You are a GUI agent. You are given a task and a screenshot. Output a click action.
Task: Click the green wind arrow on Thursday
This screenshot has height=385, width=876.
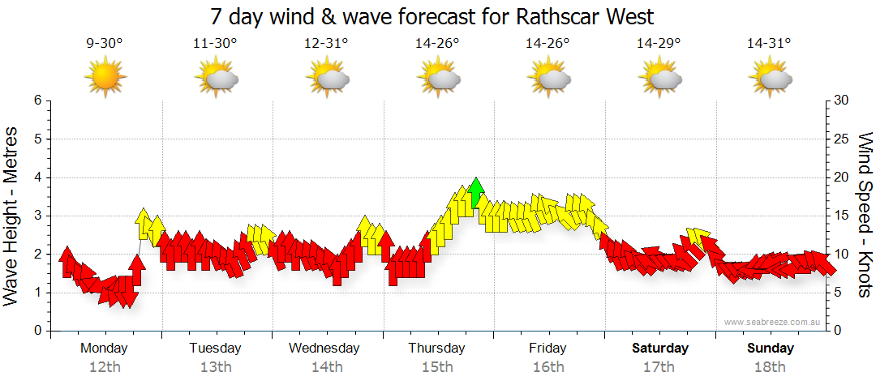(476, 191)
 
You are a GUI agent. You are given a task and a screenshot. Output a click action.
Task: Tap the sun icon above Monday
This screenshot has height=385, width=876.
(105, 79)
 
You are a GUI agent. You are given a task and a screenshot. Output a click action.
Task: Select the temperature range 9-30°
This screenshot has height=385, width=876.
(105, 44)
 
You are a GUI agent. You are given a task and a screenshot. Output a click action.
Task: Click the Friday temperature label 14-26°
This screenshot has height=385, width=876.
(548, 44)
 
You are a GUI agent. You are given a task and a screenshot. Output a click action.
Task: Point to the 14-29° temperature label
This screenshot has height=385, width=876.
(659, 44)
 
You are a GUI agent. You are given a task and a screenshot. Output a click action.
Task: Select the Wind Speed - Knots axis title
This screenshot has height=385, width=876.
(865, 215)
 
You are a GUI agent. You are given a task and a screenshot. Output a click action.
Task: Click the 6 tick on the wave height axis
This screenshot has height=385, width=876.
(36, 101)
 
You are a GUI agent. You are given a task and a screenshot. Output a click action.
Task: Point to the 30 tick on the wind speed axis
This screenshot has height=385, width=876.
(840, 101)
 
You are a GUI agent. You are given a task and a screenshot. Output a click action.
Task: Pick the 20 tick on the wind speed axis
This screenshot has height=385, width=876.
(840, 178)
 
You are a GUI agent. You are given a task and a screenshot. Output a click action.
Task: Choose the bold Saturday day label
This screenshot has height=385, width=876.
(660, 349)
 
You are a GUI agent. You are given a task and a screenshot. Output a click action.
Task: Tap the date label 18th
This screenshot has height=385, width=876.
(770, 367)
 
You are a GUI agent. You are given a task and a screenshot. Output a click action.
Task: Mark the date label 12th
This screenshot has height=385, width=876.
(105, 367)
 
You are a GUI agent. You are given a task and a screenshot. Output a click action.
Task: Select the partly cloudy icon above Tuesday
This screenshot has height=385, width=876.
(216, 79)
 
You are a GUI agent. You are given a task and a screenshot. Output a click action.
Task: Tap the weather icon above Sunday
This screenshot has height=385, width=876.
(770, 79)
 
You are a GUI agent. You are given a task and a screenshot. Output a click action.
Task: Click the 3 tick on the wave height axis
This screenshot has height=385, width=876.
(36, 216)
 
